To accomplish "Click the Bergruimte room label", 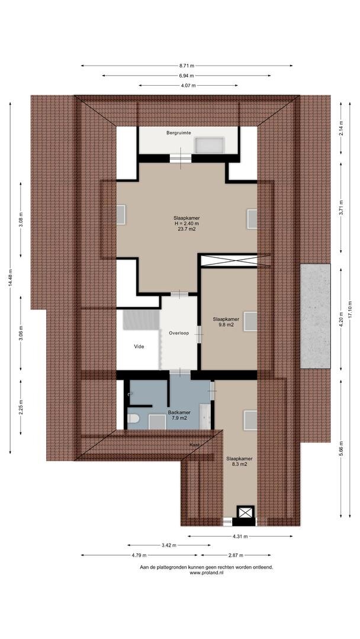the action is click(x=179, y=133).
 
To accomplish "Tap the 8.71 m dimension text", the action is click(x=187, y=66).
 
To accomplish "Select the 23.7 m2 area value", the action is click(x=187, y=229).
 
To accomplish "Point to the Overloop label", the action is click(x=179, y=333).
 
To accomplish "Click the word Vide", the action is click(x=139, y=346).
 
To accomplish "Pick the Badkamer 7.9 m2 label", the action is click(x=179, y=415).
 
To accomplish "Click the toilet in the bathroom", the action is click(x=134, y=418).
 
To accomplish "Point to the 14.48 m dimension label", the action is click(x=10, y=278).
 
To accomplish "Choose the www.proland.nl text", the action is click(x=207, y=573).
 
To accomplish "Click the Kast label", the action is click(x=194, y=445).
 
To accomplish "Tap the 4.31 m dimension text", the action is click(x=240, y=536).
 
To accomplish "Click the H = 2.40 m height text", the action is click(x=187, y=223).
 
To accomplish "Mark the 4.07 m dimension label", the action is click(x=188, y=86).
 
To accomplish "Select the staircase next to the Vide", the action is click(x=141, y=319).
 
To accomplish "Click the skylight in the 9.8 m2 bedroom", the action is click(x=250, y=321).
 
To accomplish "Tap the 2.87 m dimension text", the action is click(x=236, y=555).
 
